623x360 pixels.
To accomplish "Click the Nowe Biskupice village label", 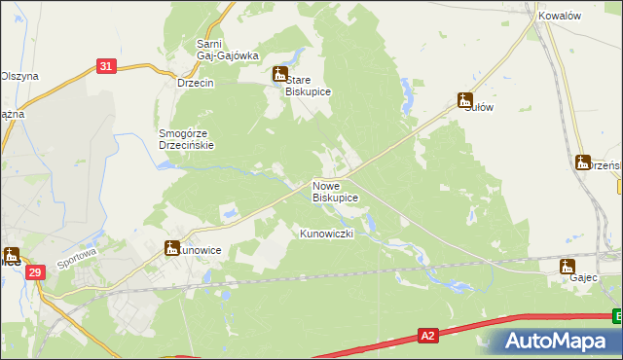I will coord(335,191).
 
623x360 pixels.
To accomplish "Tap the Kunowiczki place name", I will coord(332,234).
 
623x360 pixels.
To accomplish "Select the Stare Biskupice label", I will coord(309,86).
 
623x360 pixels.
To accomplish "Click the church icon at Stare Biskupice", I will coord(279,74).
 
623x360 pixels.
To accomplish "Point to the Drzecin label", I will coord(195,84).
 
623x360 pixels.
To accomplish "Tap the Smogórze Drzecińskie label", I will coord(185,139).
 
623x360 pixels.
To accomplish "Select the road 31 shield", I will coord(107,66).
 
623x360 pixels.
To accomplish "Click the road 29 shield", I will coord(35,274).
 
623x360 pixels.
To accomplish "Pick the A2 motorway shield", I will coord(427,336).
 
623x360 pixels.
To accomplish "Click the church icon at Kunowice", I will coord(172,248).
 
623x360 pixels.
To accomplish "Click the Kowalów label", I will coord(559,16).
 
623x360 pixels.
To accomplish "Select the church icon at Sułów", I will coord(465,100).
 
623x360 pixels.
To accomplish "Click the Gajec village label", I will coord(569,277).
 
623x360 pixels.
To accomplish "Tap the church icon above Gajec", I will coord(568,266).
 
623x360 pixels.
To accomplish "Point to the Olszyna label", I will coord(18,75).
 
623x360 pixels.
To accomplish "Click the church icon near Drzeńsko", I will coord(583,162).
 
